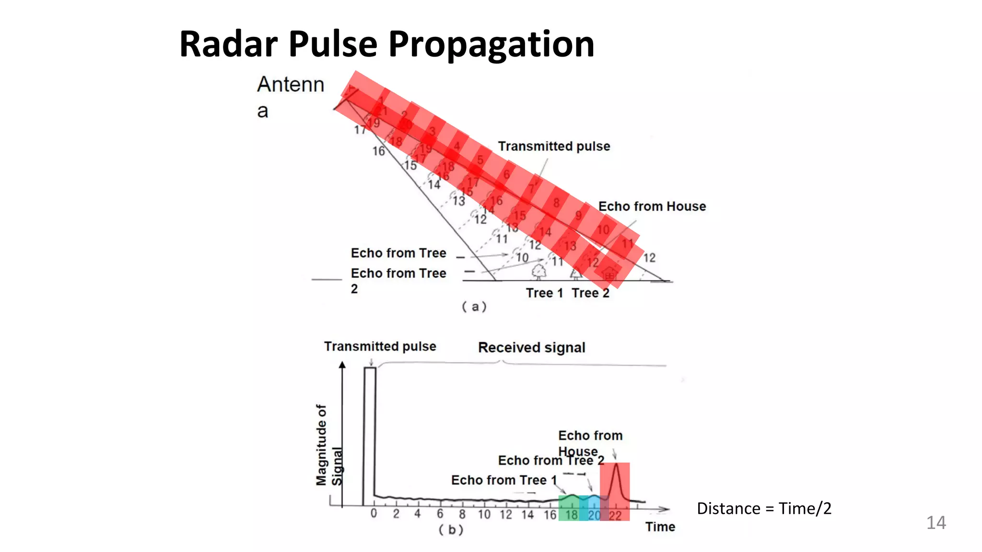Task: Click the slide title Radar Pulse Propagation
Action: [386, 44]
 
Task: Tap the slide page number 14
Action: [935, 522]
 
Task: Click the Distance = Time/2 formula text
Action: [764, 508]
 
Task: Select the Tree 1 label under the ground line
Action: [544, 293]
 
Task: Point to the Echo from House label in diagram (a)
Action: [652, 207]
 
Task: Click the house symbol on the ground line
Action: [609, 274]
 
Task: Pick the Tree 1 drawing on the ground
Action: [539, 271]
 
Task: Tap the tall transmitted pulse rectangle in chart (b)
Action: [370, 436]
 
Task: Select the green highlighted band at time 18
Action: [569, 508]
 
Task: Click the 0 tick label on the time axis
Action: [374, 514]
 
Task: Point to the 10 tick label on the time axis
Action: [484, 515]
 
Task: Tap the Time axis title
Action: [660, 527]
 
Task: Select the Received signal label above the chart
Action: [531, 347]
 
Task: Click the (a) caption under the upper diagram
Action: [474, 307]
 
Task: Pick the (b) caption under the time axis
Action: [451, 530]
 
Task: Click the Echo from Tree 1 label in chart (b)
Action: [503, 480]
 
